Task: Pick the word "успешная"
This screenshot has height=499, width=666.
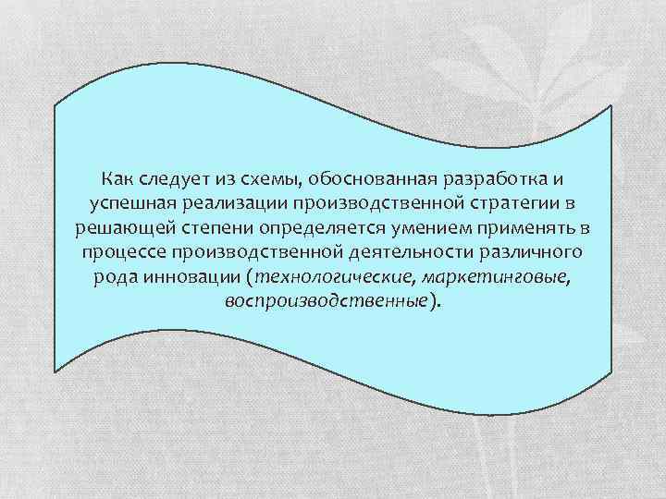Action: (129, 202)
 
